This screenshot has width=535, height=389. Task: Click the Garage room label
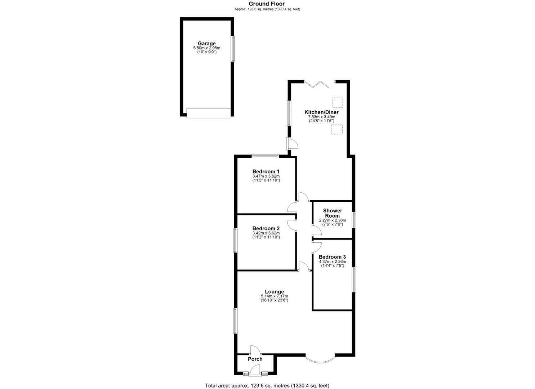[x=206, y=44]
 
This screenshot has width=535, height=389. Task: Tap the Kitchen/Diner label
[x=321, y=112]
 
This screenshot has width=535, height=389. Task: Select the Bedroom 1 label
[x=266, y=171]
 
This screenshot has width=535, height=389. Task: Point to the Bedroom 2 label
[x=266, y=228]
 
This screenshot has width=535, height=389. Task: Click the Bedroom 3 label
[x=332, y=257]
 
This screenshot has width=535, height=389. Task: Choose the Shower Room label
[x=332, y=213]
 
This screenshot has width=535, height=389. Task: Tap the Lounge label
[x=274, y=292]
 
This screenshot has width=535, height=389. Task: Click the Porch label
[x=255, y=359]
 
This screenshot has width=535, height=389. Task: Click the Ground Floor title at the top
[x=267, y=4]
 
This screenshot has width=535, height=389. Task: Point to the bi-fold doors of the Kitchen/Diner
[x=317, y=84]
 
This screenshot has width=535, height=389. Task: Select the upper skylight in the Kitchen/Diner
[x=337, y=103]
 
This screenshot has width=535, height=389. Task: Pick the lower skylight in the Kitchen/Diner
[x=337, y=130]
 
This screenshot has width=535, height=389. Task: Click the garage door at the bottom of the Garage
[x=208, y=113]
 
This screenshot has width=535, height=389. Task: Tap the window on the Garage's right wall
[x=233, y=48]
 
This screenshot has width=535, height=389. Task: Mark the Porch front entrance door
[x=255, y=371]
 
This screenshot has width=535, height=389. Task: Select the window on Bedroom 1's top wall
[x=266, y=156]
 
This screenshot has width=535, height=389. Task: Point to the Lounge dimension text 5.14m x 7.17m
[x=274, y=296]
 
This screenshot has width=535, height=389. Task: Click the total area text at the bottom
[x=267, y=386]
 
